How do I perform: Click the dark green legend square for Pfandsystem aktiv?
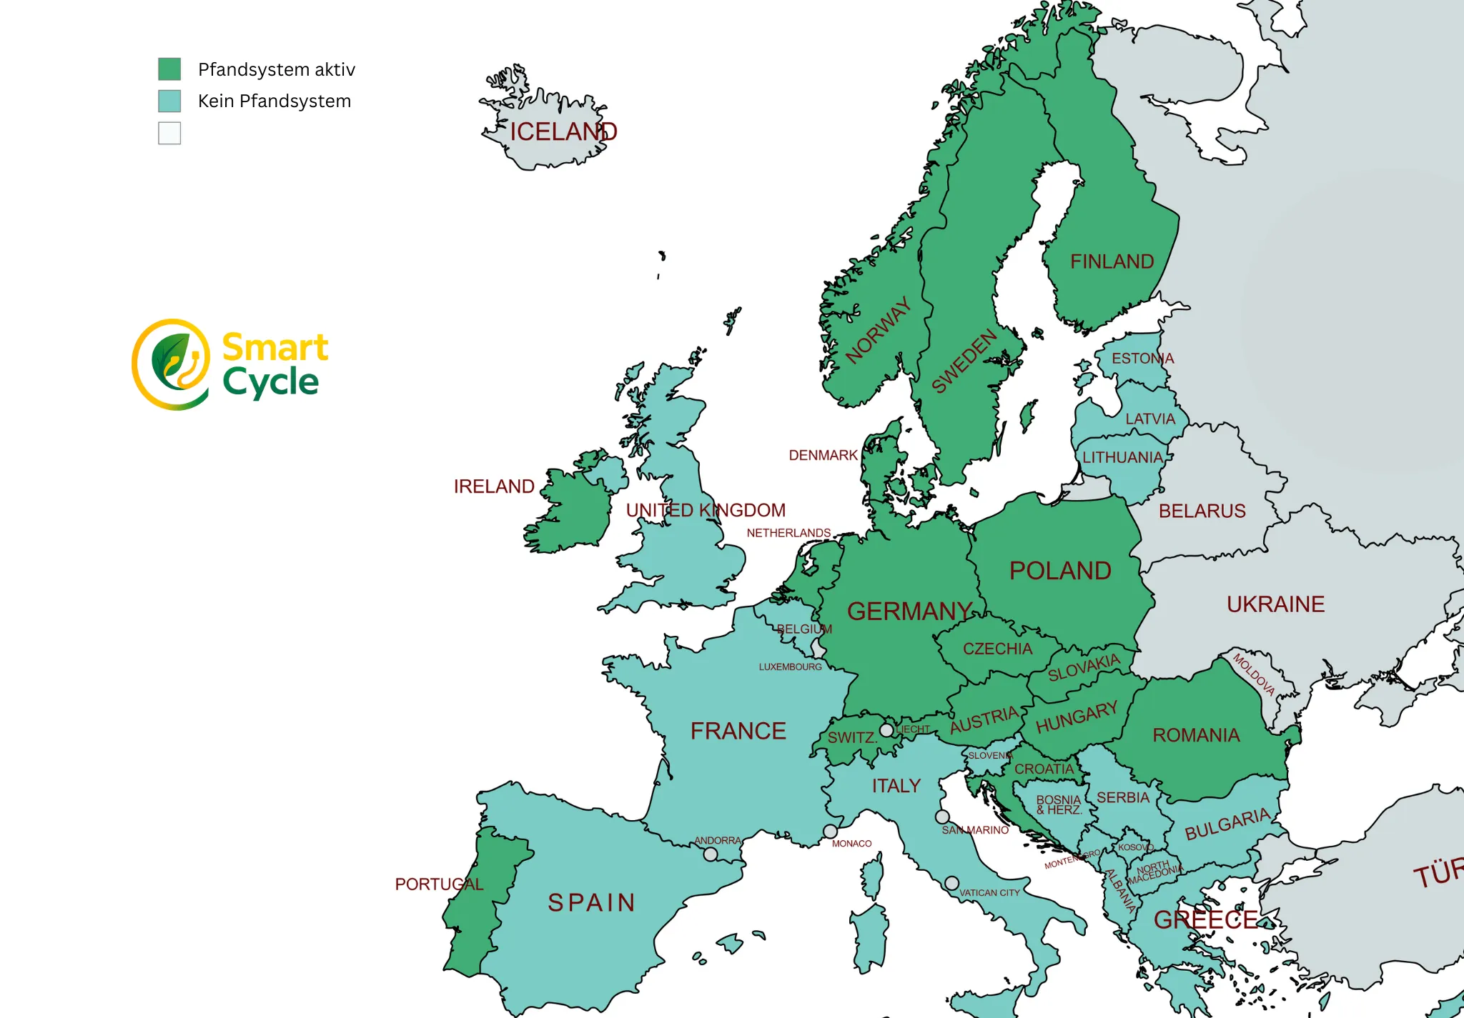[x=169, y=69]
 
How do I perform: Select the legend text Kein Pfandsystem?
[x=274, y=101]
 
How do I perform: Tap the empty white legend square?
[x=169, y=134]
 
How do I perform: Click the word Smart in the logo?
[x=275, y=348]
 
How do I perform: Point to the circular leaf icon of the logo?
[x=172, y=364]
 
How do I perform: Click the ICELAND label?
[x=563, y=132]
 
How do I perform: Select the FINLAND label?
[x=1112, y=262]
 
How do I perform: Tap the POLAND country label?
[x=1060, y=571]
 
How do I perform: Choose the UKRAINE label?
[x=1275, y=604]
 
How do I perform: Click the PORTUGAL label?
[x=439, y=884]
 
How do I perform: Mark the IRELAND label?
[x=494, y=486]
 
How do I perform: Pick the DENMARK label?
[x=823, y=456]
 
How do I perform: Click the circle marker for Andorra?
[x=711, y=854]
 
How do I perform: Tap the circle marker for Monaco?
[x=830, y=832]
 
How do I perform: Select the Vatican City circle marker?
[x=951, y=884]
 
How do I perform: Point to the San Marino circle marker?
[x=942, y=817]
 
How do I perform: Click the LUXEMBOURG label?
[x=790, y=667]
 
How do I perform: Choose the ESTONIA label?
[x=1142, y=359]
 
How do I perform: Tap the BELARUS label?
[x=1202, y=512]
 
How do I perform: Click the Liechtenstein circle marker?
[x=886, y=730]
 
